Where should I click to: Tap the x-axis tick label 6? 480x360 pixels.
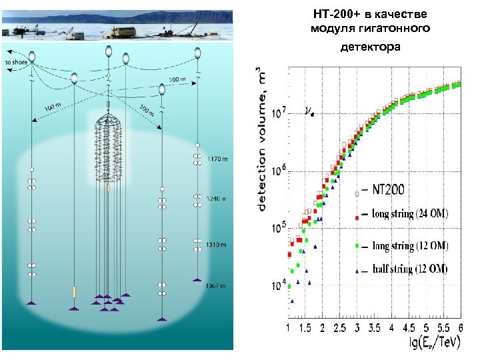tap(461, 329)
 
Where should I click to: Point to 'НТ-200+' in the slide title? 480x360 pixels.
tap(337, 13)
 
